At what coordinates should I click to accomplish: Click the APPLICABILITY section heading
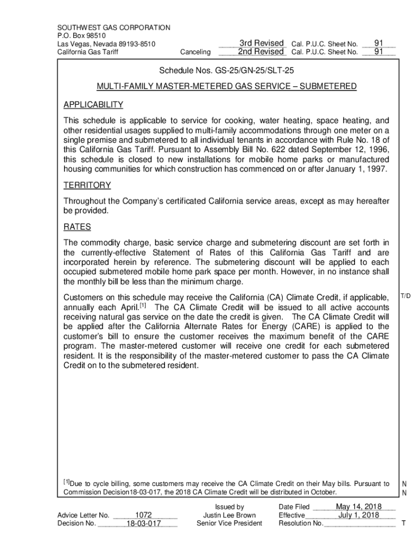[93, 105]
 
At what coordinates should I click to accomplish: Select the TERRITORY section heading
[87, 185]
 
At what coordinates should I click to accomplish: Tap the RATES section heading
[77, 227]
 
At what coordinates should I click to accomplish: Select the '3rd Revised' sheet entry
[262, 43]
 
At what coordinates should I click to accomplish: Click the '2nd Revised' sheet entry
[261, 52]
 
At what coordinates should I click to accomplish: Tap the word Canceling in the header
[194, 52]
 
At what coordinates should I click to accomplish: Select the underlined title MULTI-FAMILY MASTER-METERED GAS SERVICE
[226, 87]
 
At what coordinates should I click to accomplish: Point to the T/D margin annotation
[406, 296]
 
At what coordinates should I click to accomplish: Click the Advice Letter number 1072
[143, 515]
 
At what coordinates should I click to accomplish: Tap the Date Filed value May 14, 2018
[358, 507]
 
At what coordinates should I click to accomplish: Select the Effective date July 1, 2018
[359, 515]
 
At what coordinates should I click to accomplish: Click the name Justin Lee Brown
[229, 515]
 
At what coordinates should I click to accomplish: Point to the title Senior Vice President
[229, 523]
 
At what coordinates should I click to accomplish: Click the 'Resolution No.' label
[301, 523]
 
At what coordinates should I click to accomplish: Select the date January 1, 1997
[357, 169]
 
